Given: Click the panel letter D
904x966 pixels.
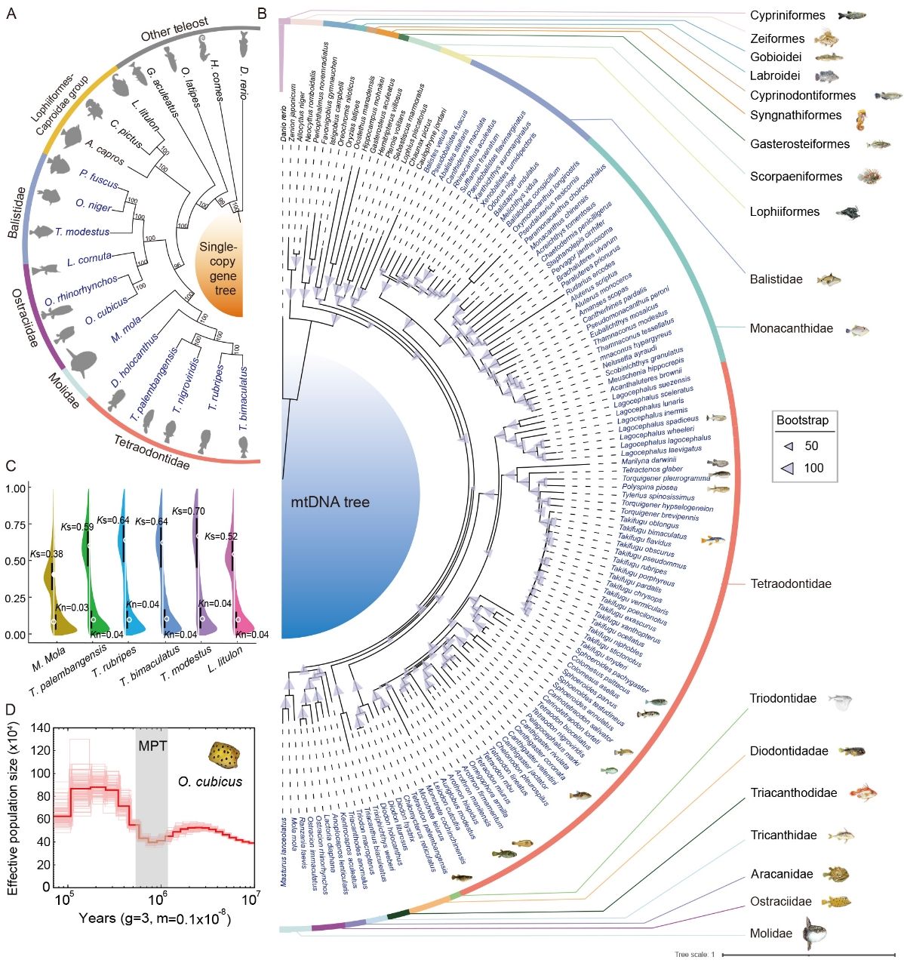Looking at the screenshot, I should (11, 710).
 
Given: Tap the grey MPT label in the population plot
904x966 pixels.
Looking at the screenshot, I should (151, 747).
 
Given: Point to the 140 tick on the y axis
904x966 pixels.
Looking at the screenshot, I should (41, 728).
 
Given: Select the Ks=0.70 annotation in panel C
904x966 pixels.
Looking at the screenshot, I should (188, 512).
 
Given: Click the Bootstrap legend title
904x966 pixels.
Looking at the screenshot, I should (802, 420).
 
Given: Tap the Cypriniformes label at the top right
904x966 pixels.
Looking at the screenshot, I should (787, 15).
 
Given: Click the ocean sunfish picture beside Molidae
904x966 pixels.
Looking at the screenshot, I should (814, 933).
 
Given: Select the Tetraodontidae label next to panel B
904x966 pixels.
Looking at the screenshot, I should (790, 583).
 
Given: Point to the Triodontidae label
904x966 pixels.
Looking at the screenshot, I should (783, 698).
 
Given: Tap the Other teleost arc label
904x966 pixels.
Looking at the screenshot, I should (174, 30).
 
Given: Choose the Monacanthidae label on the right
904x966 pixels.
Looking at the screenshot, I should (791, 328).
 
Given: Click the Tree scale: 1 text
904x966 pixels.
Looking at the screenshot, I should (694, 954).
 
